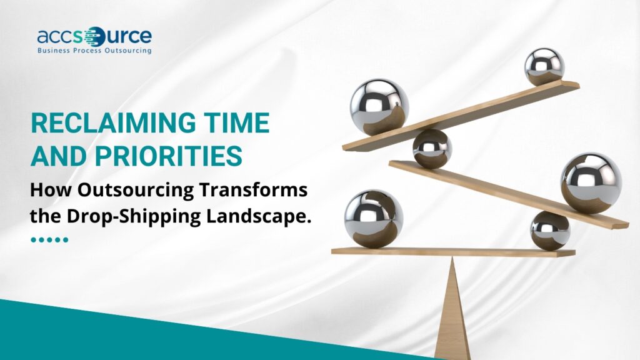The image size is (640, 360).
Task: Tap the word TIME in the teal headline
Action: tap(237, 123)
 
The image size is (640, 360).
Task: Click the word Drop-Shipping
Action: tap(134, 217)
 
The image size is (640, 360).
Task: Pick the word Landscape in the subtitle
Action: tap(258, 216)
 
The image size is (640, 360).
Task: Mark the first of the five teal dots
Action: tap(34, 239)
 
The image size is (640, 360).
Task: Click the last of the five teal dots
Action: tap(65, 239)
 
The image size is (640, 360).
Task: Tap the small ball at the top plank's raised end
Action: tap(544, 67)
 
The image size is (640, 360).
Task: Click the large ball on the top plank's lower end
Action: tap(379, 107)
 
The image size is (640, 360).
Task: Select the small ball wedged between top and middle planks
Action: tap(432, 149)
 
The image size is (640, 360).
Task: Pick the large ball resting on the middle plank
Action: tap(591, 184)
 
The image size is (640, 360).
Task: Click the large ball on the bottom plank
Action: tap(374, 219)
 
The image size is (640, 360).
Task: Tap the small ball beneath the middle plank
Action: tap(550, 231)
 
